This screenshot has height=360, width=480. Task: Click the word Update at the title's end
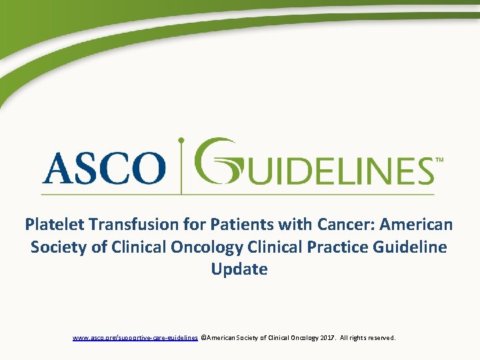pos(239,269)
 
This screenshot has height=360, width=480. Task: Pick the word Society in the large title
pos(59,247)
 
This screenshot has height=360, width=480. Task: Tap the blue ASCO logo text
pos(103,167)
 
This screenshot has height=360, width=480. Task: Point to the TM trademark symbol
pos(439,161)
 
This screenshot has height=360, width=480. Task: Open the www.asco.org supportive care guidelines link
pos(135,338)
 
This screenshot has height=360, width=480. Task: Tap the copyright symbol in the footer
pos(203,338)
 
